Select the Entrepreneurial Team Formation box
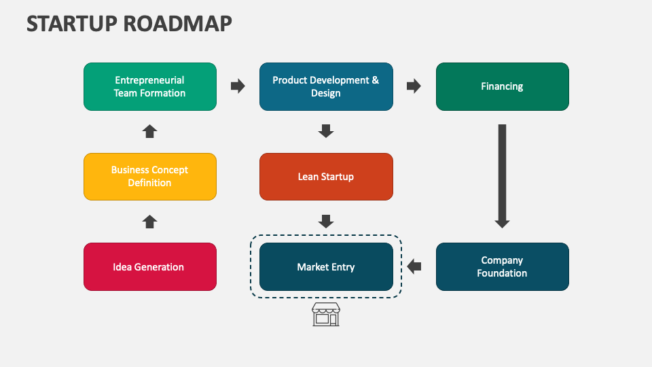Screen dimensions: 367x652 pyautogui.click(x=150, y=86)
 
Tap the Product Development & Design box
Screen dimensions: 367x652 pyautogui.click(x=326, y=86)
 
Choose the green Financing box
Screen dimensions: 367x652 pyautogui.click(x=502, y=86)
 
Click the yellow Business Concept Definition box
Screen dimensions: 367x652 pyautogui.click(x=150, y=177)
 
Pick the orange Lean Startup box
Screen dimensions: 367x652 pyautogui.click(x=326, y=177)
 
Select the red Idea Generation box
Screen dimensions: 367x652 pyautogui.click(x=150, y=267)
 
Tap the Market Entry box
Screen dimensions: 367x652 pyautogui.click(x=326, y=267)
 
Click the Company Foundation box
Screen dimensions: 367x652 pyautogui.click(x=502, y=267)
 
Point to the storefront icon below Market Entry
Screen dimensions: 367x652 pyautogui.click(x=325, y=315)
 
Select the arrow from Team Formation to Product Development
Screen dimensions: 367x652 pyautogui.click(x=238, y=86)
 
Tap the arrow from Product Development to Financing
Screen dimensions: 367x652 pyautogui.click(x=414, y=86)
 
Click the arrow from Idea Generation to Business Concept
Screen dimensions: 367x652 pyautogui.click(x=150, y=222)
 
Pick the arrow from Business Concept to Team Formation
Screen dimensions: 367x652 pyautogui.click(x=150, y=131)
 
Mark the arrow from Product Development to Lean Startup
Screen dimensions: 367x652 pyautogui.click(x=326, y=131)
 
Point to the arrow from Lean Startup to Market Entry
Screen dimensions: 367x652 pyautogui.click(x=326, y=222)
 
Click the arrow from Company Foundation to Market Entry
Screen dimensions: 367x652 pyautogui.click(x=414, y=266)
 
